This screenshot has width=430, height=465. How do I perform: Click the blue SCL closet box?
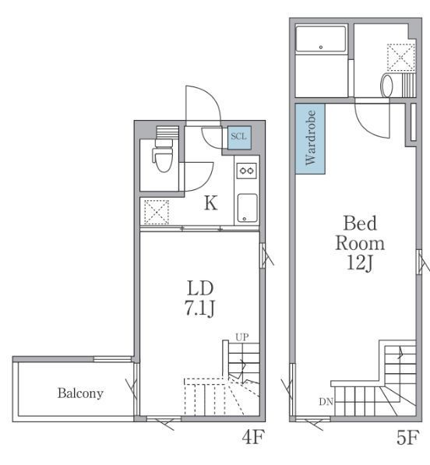pos(239,137)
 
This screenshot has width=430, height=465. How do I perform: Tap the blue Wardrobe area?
pos(310,139)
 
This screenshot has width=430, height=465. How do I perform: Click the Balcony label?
pos(80,393)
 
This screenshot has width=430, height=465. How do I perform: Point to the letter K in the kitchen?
pos(211,203)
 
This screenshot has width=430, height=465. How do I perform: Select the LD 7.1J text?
pos(200,298)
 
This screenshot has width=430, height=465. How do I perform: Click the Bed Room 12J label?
pos(360,243)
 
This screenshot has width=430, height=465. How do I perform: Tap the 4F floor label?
pos(252,437)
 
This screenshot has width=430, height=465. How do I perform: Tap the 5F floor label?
pos(408,437)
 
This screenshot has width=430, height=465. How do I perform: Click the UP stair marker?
pos(242,337)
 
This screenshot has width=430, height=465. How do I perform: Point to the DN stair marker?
pos(326,402)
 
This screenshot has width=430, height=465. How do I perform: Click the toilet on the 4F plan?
pos(163,155)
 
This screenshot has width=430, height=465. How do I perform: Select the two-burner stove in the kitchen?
pos(247,171)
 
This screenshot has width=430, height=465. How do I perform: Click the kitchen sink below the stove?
pos(247,208)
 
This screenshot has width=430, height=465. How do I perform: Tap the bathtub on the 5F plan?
pos(321,39)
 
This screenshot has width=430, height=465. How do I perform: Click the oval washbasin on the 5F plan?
pos(386,86)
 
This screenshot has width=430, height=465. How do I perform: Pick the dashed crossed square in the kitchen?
pos(157,213)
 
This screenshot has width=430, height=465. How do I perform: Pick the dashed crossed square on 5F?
pos(400,58)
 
